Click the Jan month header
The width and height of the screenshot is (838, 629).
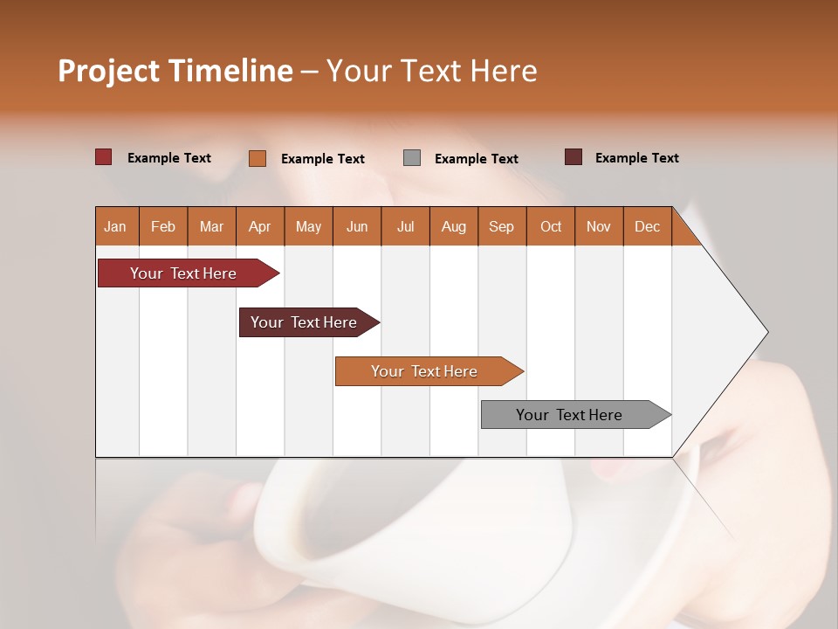(116, 226)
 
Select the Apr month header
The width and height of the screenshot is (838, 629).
(260, 226)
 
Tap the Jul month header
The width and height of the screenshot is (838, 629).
(405, 226)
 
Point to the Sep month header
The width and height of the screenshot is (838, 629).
(502, 226)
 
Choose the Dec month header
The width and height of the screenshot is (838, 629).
(647, 226)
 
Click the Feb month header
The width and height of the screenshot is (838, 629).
(163, 226)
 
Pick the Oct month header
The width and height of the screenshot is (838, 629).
(551, 226)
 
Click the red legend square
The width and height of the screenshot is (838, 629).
(103, 157)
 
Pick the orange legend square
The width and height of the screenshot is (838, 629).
(258, 158)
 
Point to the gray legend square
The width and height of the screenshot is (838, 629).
(412, 158)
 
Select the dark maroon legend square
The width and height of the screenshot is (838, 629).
(574, 157)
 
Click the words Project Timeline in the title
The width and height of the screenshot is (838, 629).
(175, 71)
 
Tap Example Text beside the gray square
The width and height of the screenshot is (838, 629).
(476, 159)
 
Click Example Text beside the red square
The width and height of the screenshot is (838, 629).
(168, 158)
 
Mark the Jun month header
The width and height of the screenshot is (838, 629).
(357, 226)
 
